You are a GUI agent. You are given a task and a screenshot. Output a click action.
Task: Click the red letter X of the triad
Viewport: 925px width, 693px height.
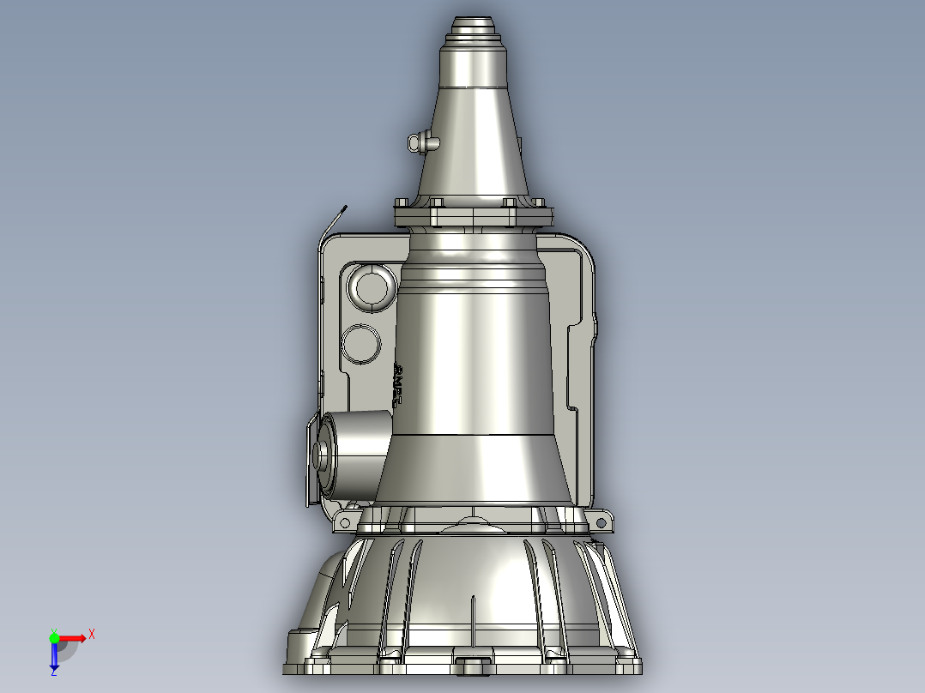(x=92, y=634)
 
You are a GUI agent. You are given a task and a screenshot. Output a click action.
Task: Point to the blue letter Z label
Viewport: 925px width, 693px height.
(x=54, y=672)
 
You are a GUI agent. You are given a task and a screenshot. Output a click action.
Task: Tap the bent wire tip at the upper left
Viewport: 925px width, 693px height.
(x=343, y=208)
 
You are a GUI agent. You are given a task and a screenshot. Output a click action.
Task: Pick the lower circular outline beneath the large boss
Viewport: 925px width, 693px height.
(x=361, y=343)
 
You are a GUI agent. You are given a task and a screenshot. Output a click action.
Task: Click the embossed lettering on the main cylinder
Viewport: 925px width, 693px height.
(x=398, y=383)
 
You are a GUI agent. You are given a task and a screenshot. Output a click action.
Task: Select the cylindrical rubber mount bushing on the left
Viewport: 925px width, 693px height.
(x=352, y=455)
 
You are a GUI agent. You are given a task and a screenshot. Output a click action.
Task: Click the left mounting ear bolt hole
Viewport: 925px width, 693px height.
(x=347, y=521)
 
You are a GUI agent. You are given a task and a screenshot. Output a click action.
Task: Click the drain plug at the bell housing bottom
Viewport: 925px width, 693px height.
(x=473, y=665)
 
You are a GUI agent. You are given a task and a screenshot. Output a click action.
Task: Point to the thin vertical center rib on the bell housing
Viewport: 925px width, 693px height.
(x=474, y=622)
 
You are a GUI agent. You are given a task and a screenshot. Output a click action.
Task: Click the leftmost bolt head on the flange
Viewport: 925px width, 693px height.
(x=401, y=204)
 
